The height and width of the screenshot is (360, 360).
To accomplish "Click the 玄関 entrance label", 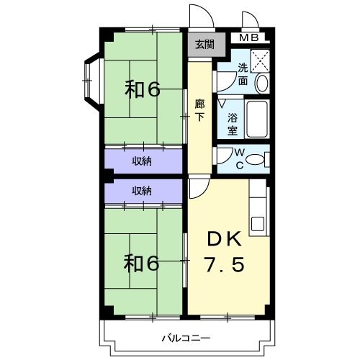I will pyautogui.click(x=204, y=45).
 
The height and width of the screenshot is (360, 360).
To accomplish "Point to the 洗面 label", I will pyautogui.click(x=243, y=75).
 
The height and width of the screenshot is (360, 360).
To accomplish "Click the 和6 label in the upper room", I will pyautogui.click(x=142, y=89).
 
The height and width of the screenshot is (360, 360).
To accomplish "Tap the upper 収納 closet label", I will pyautogui.click(x=142, y=161).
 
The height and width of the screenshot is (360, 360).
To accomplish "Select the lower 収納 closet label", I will pyautogui.click(x=142, y=191).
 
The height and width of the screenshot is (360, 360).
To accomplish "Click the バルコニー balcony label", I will pyautogui.click(x=186, y=338).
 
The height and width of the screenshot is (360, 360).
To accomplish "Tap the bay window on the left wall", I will pyautogui.click(x=91, y=76).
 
